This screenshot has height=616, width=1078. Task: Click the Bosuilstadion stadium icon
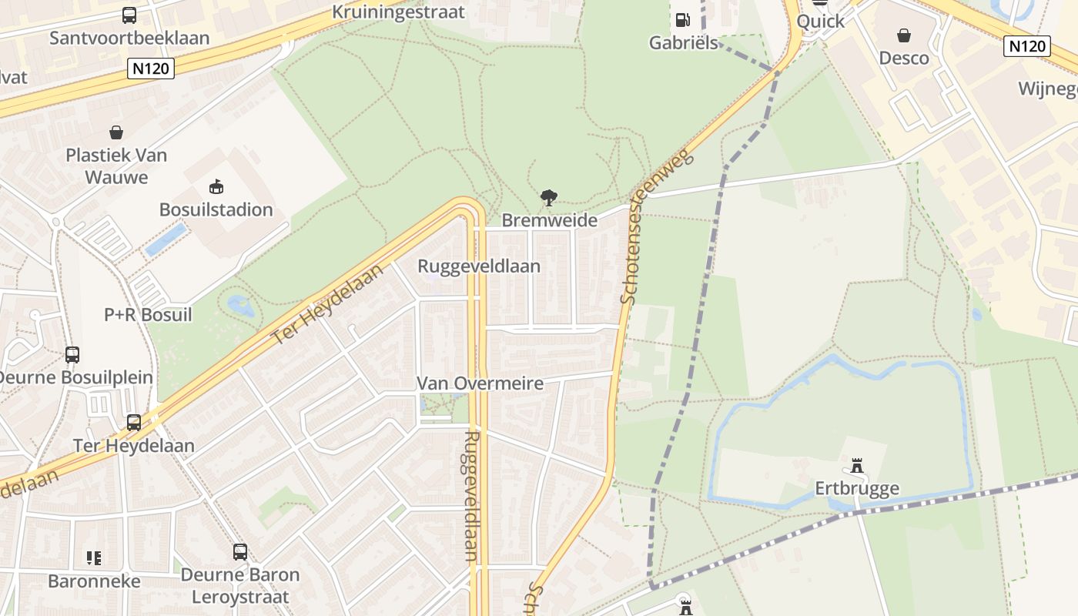click(216, 186)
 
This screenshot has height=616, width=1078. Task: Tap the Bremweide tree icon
click(549, 198)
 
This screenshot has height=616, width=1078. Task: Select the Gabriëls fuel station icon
click(681, 20)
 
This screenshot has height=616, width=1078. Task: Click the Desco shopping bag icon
click(904, 35)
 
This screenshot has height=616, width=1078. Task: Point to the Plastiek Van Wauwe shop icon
click(116, 132)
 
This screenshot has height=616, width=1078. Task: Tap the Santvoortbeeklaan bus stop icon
click(129, 15)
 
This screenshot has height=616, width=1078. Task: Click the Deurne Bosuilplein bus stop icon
click(72, 355)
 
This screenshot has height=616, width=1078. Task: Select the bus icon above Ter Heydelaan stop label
click(134, 423)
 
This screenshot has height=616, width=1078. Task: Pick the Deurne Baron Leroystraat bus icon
click(240, 552)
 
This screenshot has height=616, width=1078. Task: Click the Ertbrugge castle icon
click(856, 465)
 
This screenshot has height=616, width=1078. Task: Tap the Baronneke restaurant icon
click(94, 557)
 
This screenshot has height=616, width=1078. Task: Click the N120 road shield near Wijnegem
click(1028, 46)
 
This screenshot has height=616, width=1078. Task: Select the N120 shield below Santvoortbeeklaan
click(151, 69)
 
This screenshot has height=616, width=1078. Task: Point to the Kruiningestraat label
click(398, 12)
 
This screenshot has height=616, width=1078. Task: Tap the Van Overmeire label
click(480, 383)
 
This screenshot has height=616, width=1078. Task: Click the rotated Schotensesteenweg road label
click(656, 226)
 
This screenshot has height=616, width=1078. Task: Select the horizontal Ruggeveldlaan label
click(478, 266)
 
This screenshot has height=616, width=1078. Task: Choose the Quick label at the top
click(820, 22)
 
